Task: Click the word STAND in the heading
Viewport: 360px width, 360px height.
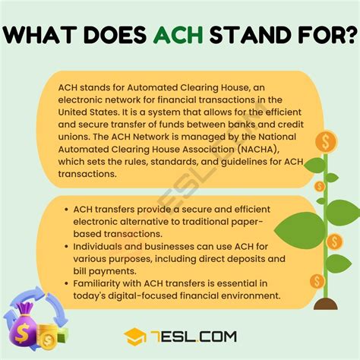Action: coord(247,36)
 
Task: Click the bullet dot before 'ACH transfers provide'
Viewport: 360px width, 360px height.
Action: coord(65,209)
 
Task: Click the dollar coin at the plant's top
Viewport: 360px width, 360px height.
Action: coord(328,141)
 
